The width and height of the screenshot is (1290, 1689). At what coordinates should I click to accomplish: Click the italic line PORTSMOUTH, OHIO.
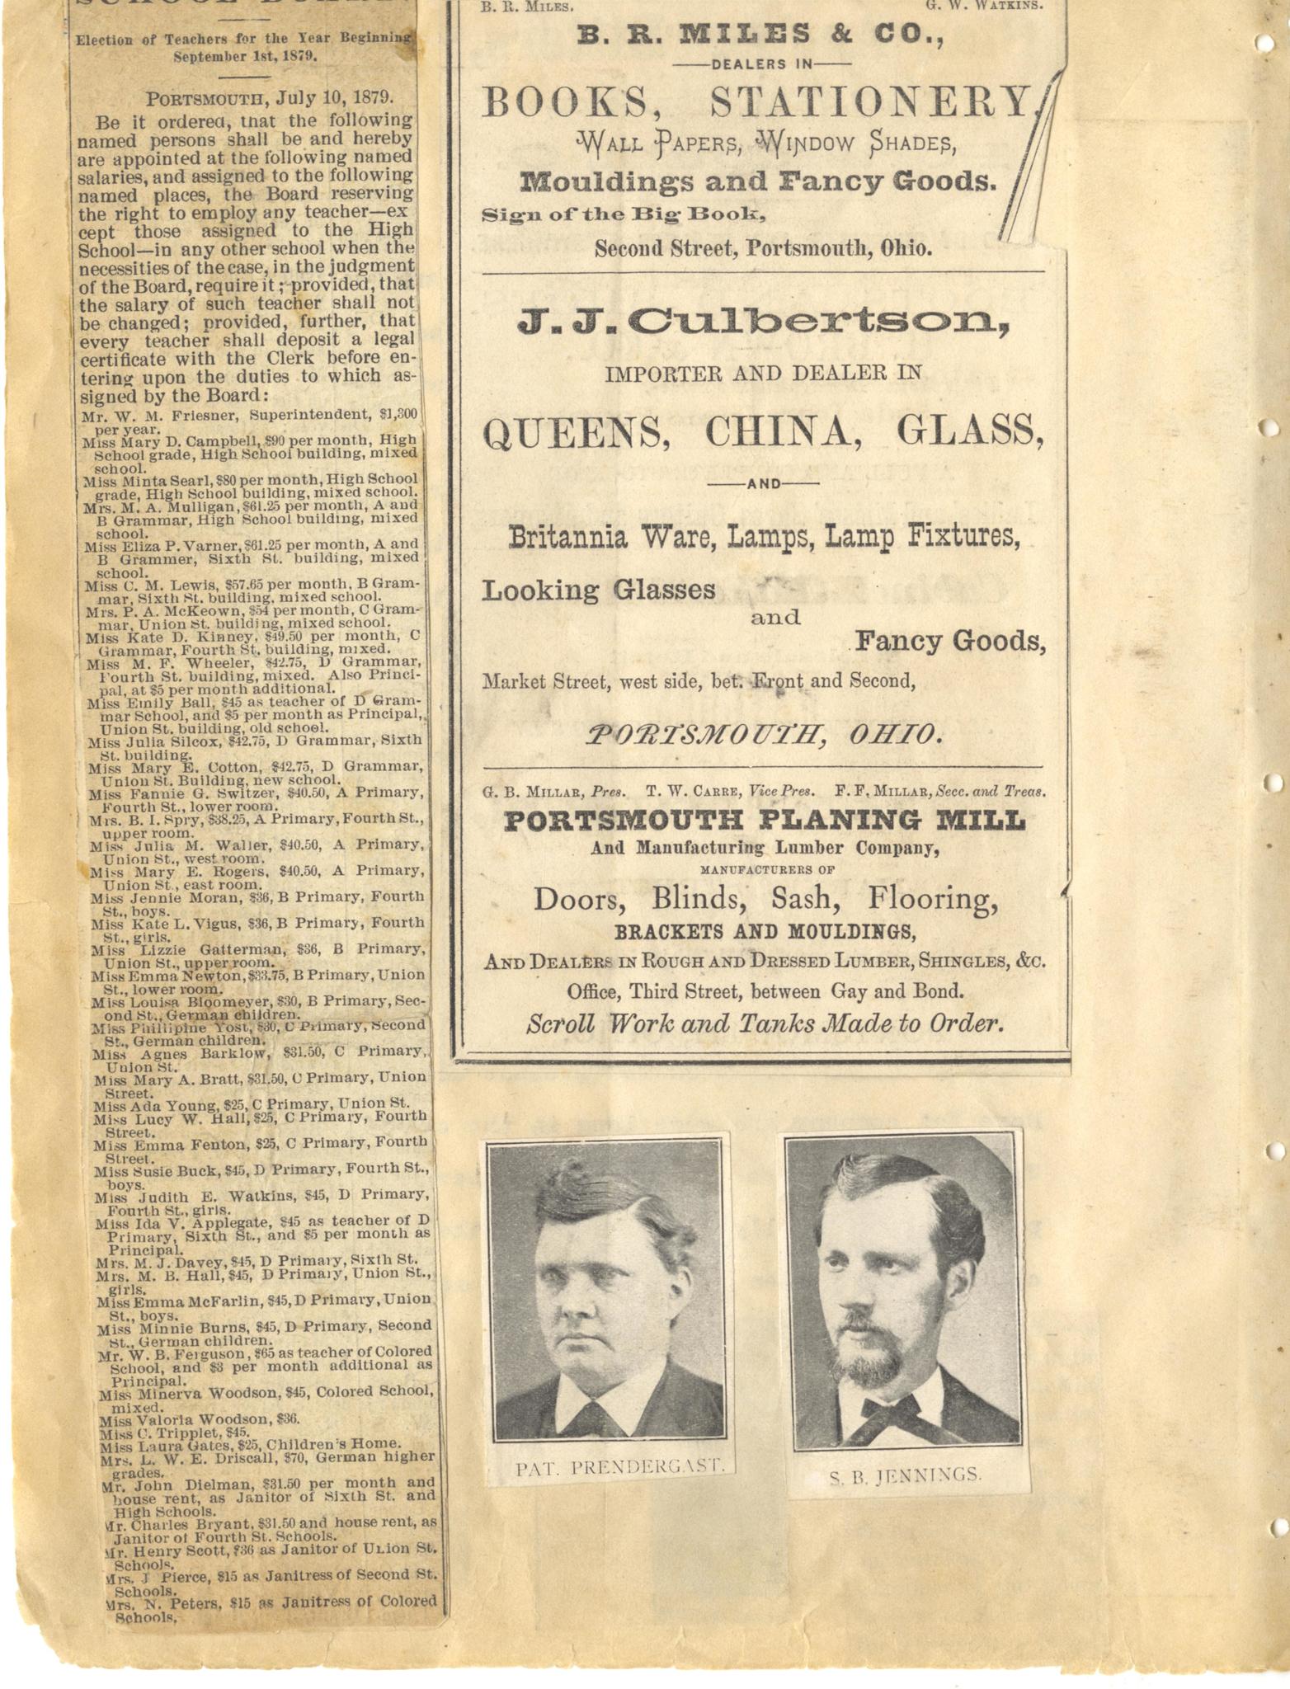[x=763, y=733]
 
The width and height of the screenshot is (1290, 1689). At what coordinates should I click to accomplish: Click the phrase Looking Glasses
[x=598, y=590]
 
